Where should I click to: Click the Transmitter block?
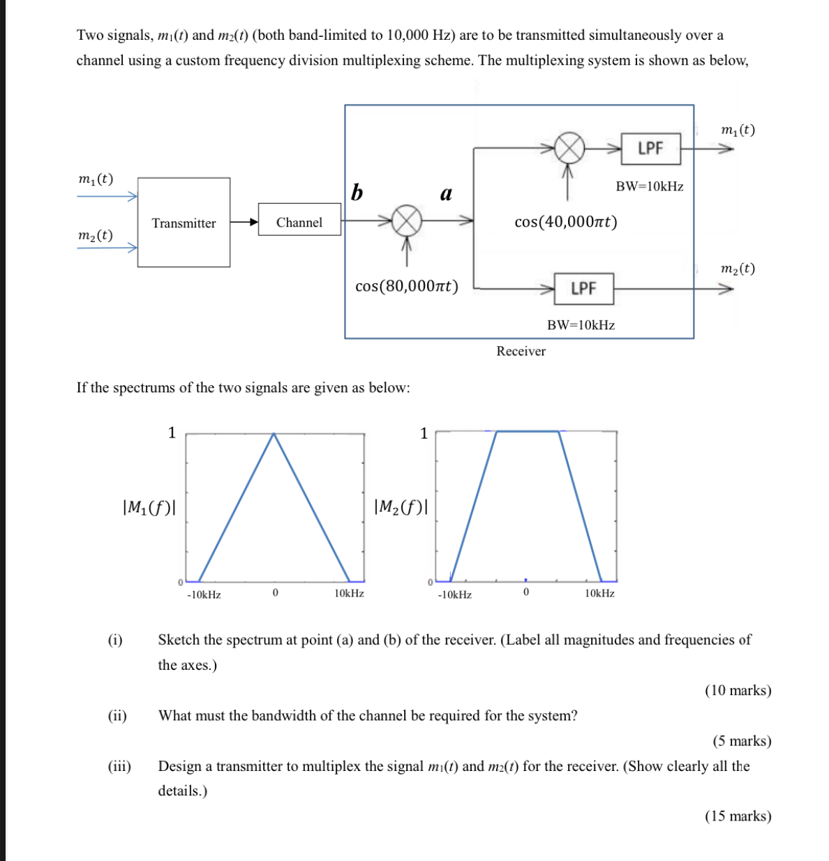tap(184, 223)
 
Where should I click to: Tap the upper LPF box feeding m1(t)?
tap(650, 149)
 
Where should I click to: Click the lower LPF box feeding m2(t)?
tap(583, 289)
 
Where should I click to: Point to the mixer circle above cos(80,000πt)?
tap(406, 221)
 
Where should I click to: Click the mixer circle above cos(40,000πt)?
tap(569, 147)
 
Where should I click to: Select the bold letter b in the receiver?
tap(357, 193)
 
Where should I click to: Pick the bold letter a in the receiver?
tap(446, 193)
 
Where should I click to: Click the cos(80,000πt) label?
tap(406, 287)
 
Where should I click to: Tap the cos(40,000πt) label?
tap(565, 222)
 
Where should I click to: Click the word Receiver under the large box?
tap(521, 351)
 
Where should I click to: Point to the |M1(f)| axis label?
tap(149, 507)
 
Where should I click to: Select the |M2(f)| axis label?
tap(401, 507)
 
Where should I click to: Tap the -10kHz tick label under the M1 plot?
tap(204, 594)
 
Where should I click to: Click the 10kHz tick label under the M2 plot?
tap(599, 593)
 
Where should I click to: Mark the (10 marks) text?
tap(738, 690)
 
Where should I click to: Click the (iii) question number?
tap(119, 766)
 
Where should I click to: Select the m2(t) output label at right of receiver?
tap(737, 269)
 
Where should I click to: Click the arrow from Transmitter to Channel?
tap(244, 223)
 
